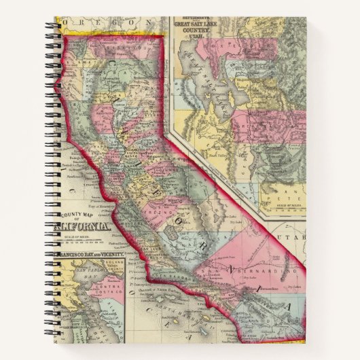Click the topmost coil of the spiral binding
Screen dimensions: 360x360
point(52,27)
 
